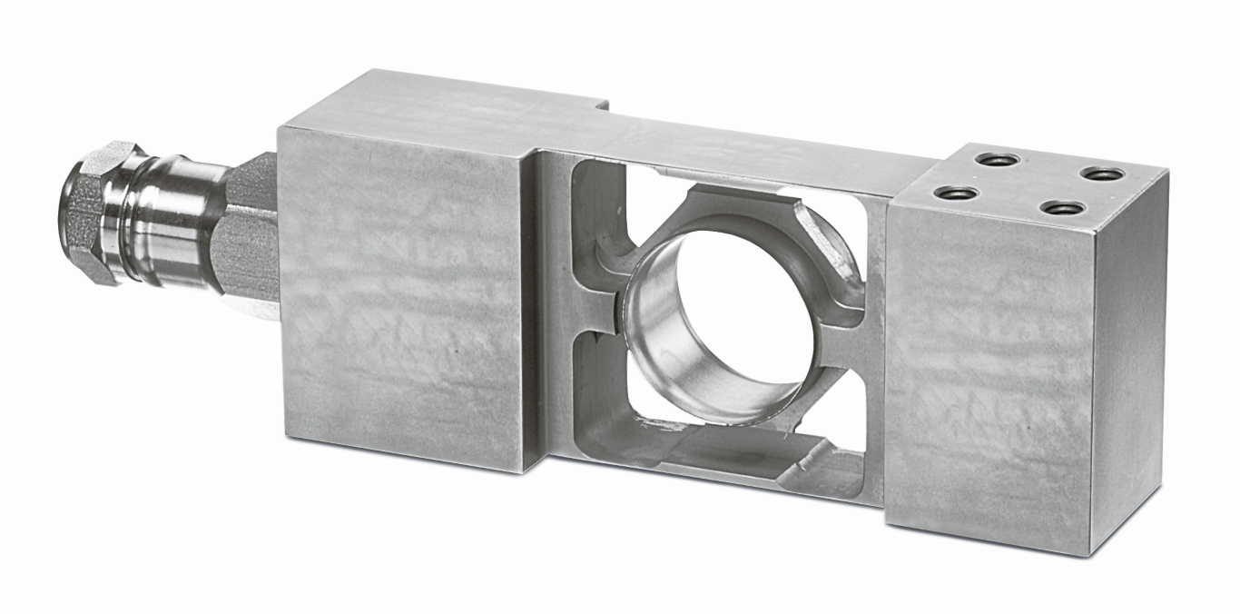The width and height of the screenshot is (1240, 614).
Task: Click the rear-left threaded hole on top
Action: pyautogui.click(x=997, y=160)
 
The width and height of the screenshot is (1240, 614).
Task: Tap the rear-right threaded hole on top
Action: pyautogui.click(x=1103, y=173)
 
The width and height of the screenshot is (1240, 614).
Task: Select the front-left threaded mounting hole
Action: pyautogui.click(x=956, y=193)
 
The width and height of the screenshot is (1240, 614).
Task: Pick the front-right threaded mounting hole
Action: pyautogui.click(x=1063, y=208)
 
